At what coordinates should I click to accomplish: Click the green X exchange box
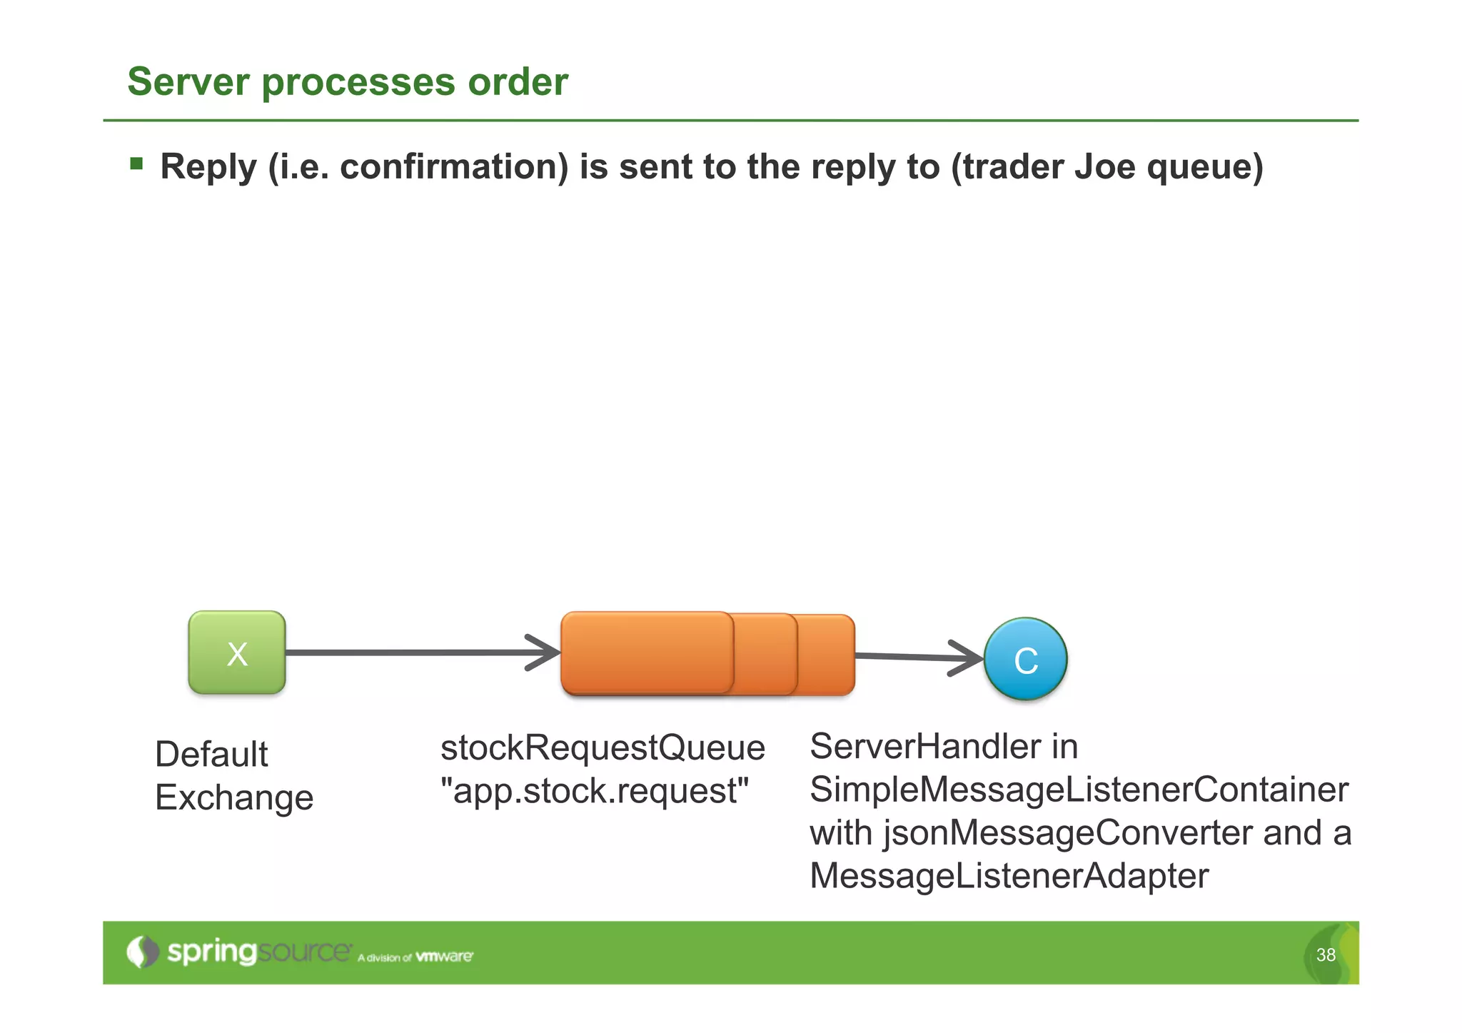(x=237, y=652)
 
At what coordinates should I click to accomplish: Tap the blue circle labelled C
(x=1025, y=659)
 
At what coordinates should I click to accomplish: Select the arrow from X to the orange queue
(x=421, y=652)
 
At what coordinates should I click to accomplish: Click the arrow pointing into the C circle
(x=921, y=657)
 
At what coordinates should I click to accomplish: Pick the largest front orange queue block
(x=647, y=652)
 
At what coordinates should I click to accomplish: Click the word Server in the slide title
(x=188, y=81)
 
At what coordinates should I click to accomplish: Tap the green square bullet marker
(x=136, y=165)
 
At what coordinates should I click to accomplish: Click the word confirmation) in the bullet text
(x=454, y=166)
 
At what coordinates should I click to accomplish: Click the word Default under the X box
(x=211, y=754)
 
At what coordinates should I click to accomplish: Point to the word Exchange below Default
(x=234, y=797)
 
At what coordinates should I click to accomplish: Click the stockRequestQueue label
(x=603, y=747)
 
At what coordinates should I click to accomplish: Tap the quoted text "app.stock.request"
(x=594, y=791)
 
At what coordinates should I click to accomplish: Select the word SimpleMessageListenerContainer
(x=1079, y=790)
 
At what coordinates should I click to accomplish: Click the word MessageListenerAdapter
(x=1009, y=876)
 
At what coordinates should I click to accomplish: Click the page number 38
(x=1326, y=954)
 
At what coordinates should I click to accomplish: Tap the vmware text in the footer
(x=444, y=957)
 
